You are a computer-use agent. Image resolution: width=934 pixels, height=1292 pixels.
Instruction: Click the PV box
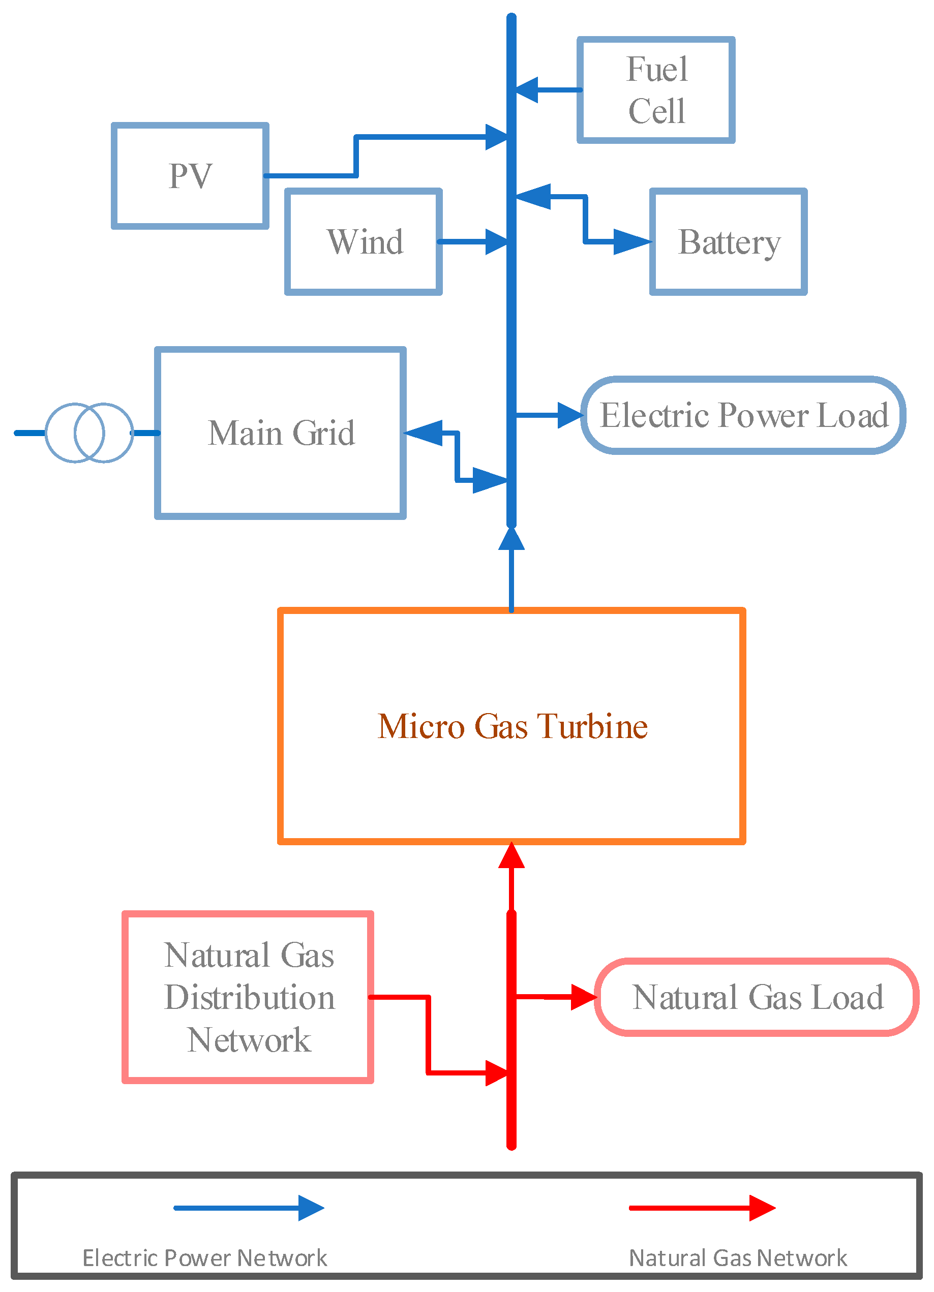pos(190,175)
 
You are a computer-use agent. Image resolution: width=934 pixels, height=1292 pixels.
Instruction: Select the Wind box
pos(364,241)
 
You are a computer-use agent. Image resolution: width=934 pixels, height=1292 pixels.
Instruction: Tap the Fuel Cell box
pos(656,90)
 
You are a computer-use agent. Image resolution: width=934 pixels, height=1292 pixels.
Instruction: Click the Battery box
pos(728,241)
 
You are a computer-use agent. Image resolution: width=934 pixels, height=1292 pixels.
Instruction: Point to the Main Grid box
pos(280,433)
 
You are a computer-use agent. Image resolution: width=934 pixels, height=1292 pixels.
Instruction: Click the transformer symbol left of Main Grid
pos(89,433)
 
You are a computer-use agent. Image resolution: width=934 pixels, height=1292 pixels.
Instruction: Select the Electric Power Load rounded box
pos(743,415)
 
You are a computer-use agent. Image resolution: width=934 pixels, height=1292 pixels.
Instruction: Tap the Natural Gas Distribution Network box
pos(248,997)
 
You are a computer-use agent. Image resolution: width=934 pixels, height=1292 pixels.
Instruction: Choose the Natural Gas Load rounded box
pos(757,997)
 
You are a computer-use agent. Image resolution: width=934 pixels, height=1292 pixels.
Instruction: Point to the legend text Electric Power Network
pos(204,1258)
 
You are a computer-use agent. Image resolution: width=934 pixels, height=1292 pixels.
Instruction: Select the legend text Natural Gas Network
pos(737,1258)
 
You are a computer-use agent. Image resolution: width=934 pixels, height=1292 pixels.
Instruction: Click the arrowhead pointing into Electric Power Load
pos(570,415)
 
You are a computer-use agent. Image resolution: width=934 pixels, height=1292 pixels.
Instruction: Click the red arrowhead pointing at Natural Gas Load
pos(584,997)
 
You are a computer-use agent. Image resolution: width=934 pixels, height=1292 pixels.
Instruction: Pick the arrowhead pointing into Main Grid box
pos(424,433)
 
